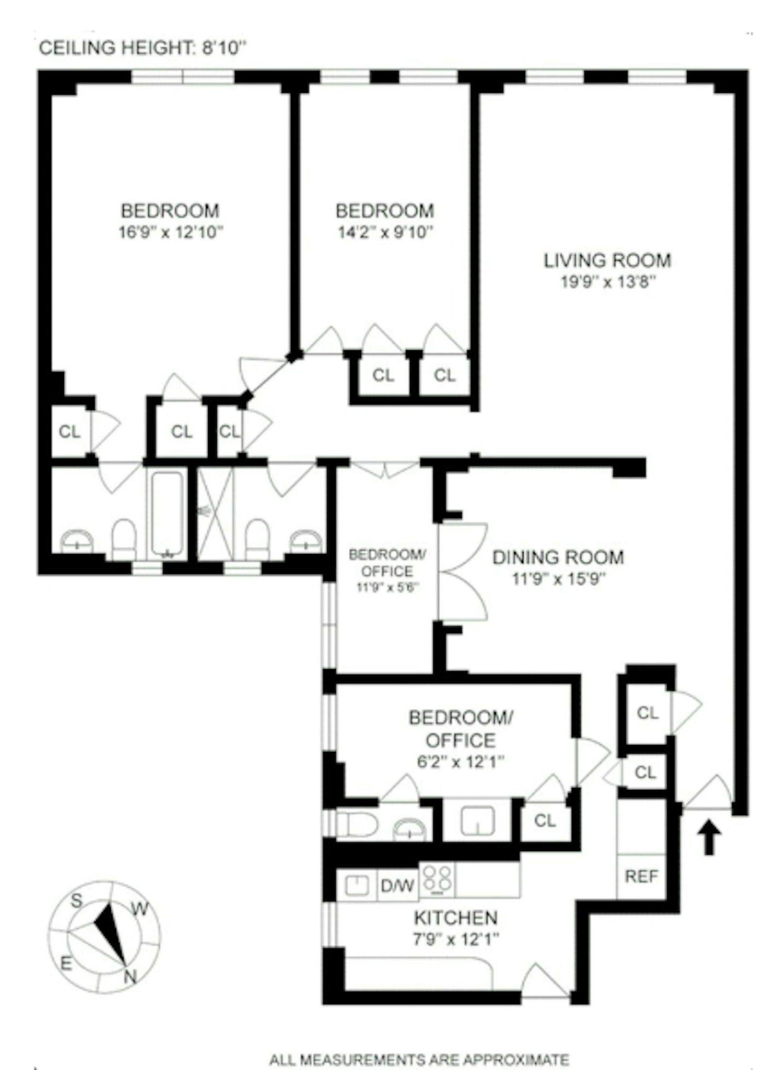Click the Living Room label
607,261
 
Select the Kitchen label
456,917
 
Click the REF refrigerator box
641,876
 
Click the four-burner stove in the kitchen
437,880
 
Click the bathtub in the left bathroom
167,513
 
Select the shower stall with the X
215,513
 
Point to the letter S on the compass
77,901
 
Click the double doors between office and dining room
462,572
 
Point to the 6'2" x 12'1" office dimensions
460,762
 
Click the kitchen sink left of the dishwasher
356,885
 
